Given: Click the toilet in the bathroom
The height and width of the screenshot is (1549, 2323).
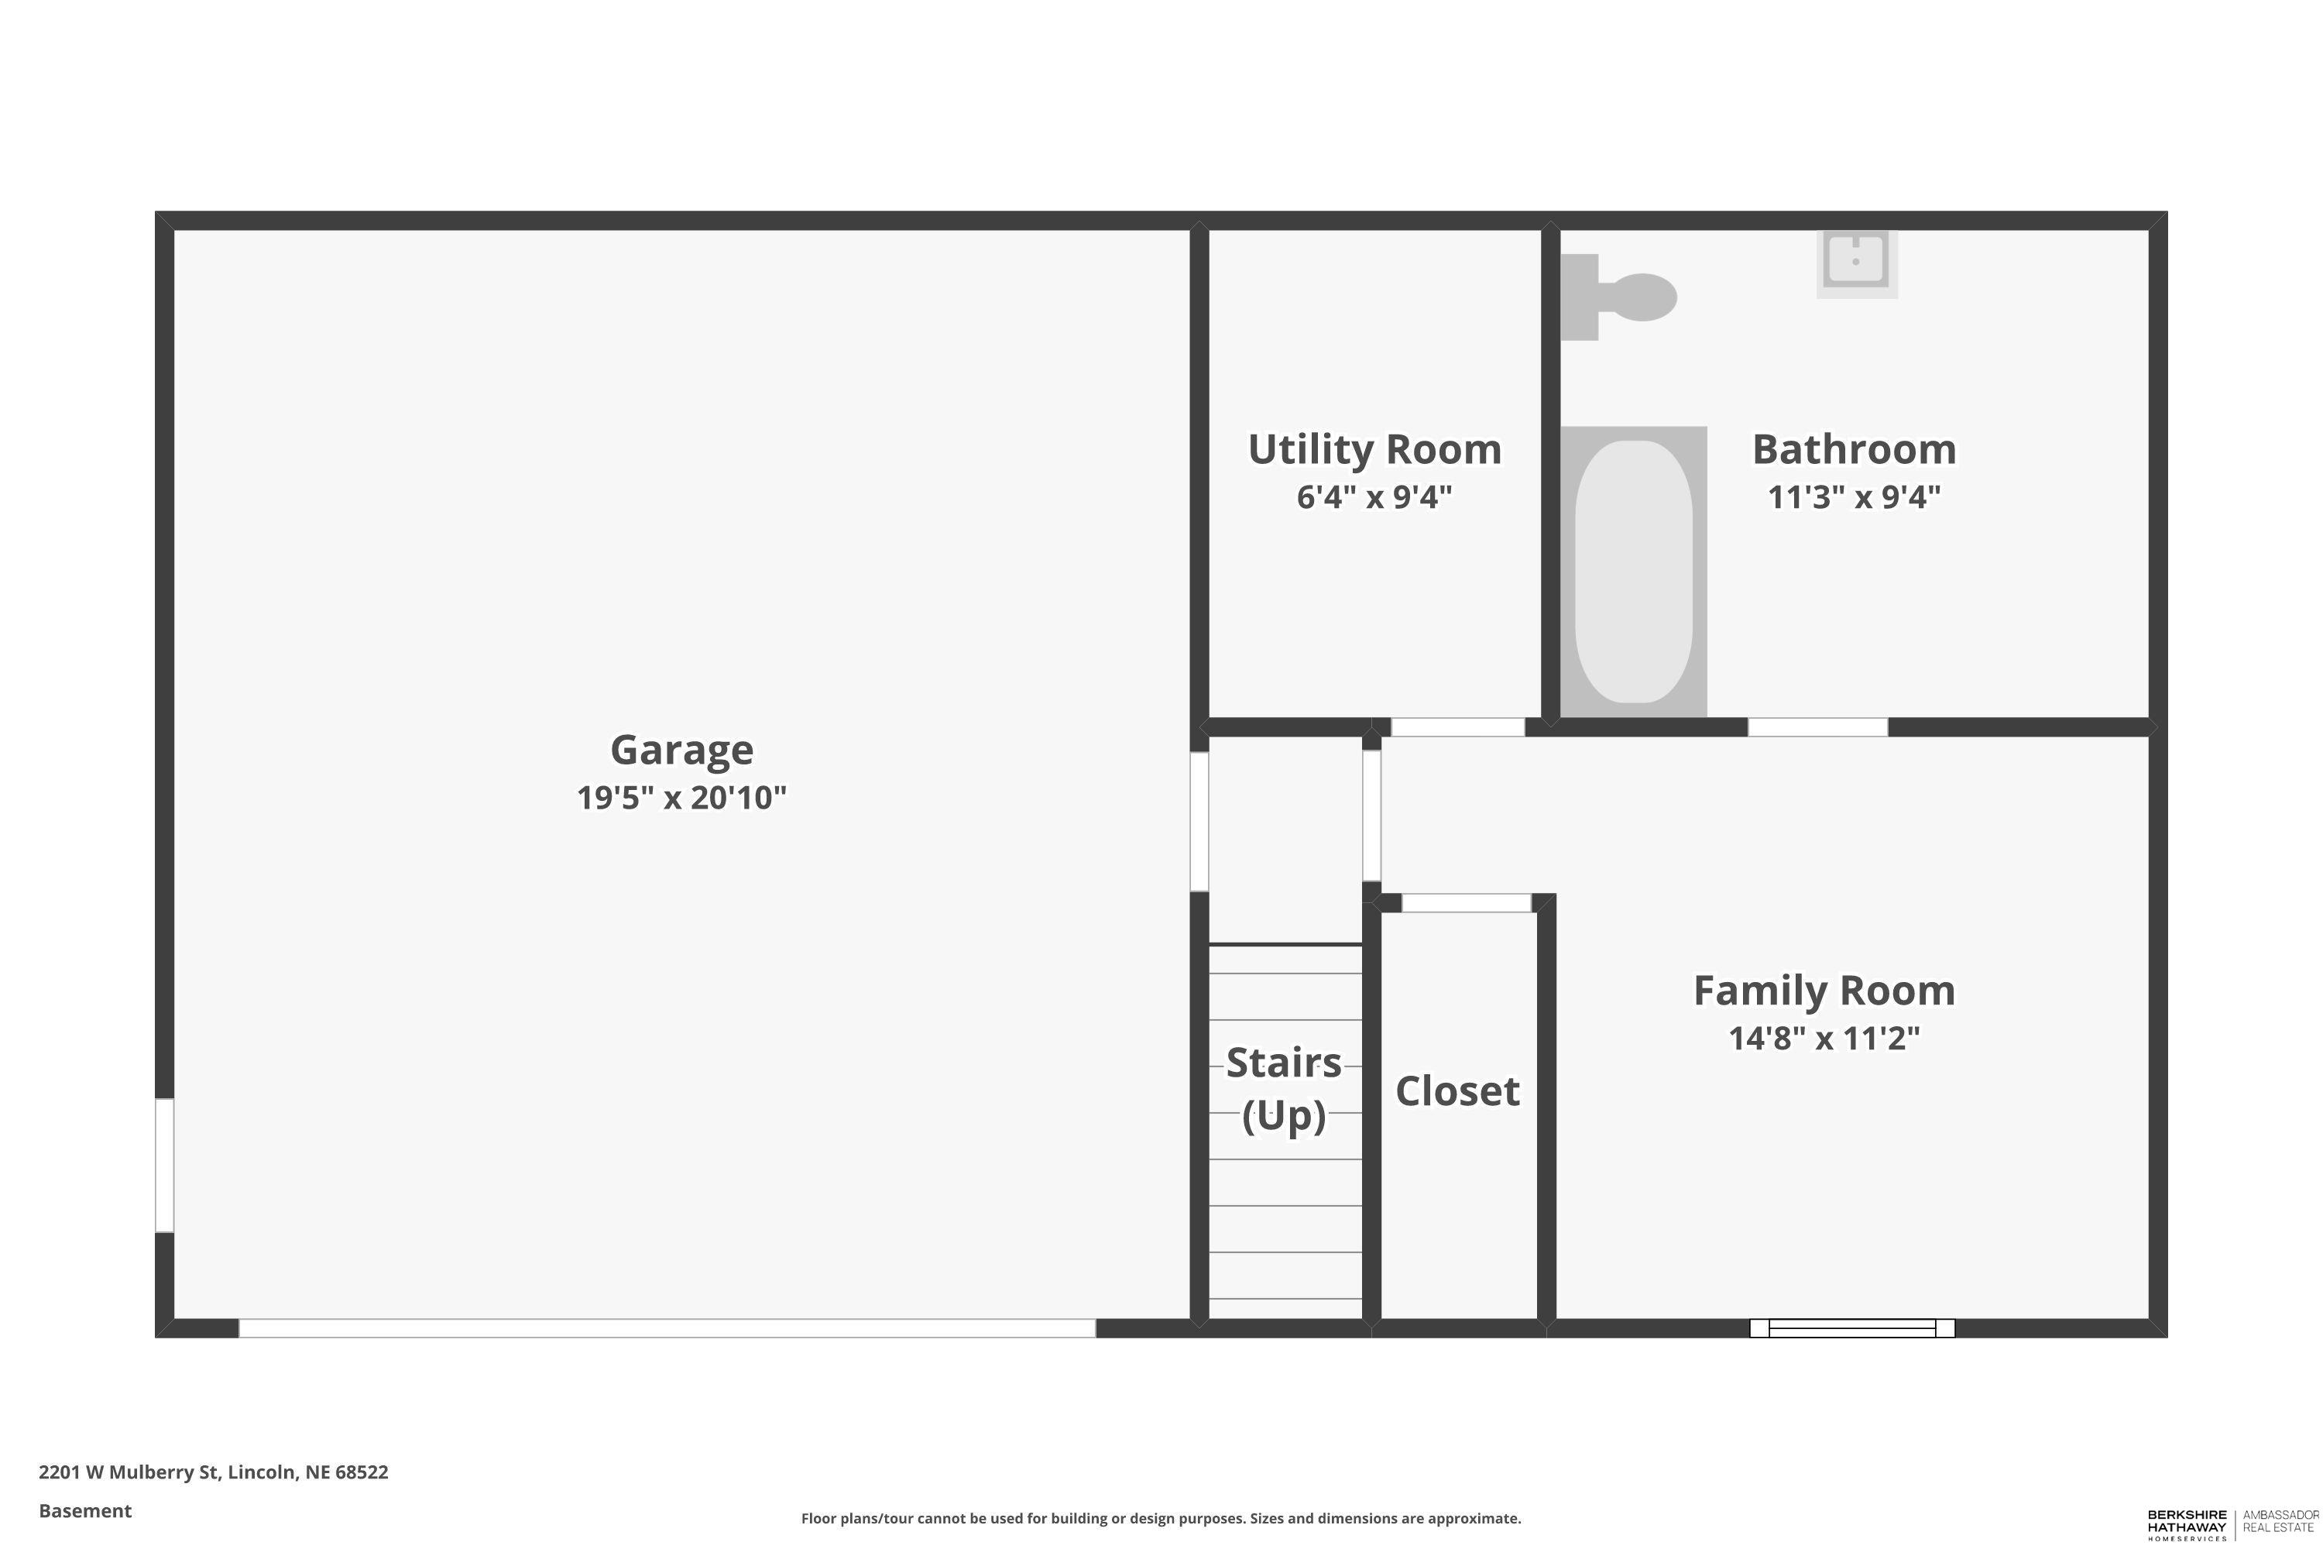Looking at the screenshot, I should tap(1620, 297).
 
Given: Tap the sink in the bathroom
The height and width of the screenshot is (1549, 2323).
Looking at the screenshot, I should tap(1857, 261).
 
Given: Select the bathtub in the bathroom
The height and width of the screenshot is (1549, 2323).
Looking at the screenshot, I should tap(1634, 571).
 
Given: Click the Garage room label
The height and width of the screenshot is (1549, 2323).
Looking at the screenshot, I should tap(681, 750).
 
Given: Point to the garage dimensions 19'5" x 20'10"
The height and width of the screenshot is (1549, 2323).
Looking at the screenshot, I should tap(681, 797).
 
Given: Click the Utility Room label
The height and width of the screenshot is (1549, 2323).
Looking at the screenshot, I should tap(1374, 449).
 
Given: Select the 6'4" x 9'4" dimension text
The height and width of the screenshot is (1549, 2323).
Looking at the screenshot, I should tap(1374, 497).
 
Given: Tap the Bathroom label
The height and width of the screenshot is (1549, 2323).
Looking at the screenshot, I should tap(1854, 449).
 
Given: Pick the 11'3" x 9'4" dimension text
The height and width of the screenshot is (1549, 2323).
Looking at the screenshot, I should tap(1854, 497).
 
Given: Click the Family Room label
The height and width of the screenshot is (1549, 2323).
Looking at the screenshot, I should tap(1824, 991).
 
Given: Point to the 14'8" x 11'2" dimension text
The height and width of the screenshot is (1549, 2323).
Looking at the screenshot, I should tap(1824, 1039).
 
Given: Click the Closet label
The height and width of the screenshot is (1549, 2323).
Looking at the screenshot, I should tap(1457, 1091).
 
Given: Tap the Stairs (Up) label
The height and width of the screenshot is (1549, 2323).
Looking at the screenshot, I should tap(1284, 1089).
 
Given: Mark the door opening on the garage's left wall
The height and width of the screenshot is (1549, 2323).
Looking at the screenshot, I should tap(165, 1166).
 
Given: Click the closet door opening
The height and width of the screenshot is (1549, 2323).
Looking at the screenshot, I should tap(1466, 903).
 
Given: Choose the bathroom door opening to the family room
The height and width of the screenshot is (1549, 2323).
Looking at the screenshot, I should tap(1817, 727).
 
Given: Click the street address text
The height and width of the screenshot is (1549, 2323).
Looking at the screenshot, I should tap(214, 1472).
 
